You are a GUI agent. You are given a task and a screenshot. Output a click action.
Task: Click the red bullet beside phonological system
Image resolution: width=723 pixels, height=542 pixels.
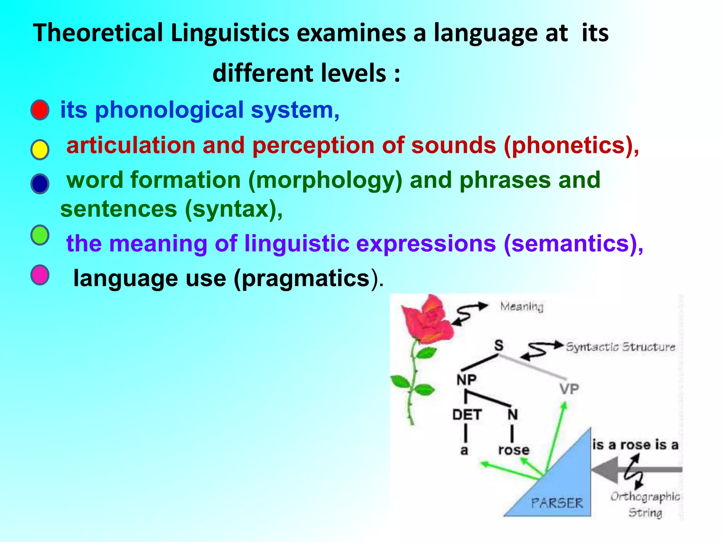coord(40,110)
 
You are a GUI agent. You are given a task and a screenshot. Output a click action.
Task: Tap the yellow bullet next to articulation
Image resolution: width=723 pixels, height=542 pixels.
coord(40,150)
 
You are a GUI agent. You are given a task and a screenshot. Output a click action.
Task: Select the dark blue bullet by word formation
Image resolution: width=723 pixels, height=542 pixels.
coord(40,184)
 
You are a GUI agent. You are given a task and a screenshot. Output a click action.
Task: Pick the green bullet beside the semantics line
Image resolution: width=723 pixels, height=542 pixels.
coord(40,235)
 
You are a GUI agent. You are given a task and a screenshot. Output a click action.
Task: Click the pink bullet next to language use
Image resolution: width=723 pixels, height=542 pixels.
coord(40,275)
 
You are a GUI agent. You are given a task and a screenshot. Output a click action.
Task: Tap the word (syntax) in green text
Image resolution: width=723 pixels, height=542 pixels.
coord(233,209)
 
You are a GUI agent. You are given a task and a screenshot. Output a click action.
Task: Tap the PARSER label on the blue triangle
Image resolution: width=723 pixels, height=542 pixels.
coord(557,502)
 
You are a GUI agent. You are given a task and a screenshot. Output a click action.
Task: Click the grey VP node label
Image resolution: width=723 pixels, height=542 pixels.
coord(569,389)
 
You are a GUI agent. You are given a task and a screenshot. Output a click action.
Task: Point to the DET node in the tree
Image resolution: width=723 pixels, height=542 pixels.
coord(467,415)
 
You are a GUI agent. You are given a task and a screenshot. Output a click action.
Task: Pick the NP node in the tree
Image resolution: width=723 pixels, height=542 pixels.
coord(466,380)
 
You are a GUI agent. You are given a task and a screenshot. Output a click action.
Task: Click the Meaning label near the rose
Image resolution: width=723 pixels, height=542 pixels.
coord(521,306)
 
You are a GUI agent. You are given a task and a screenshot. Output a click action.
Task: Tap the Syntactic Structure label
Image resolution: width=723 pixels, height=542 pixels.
coord(620,347)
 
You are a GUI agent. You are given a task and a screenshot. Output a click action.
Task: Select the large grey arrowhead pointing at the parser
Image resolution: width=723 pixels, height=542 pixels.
coord(605,470)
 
